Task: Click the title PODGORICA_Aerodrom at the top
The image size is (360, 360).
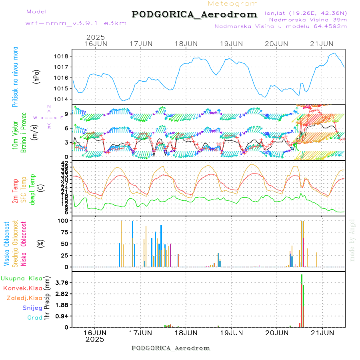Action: [x=194, y=14]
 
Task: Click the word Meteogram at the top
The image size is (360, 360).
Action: [x=233, y=4]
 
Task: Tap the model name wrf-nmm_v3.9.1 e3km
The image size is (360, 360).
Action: [x=76, y=23]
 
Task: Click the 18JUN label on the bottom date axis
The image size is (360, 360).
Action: [x=186, y=332]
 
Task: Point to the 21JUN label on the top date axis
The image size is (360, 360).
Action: [x=322, y=44]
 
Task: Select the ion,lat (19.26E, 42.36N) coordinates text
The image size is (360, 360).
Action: [x=306, y=12]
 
